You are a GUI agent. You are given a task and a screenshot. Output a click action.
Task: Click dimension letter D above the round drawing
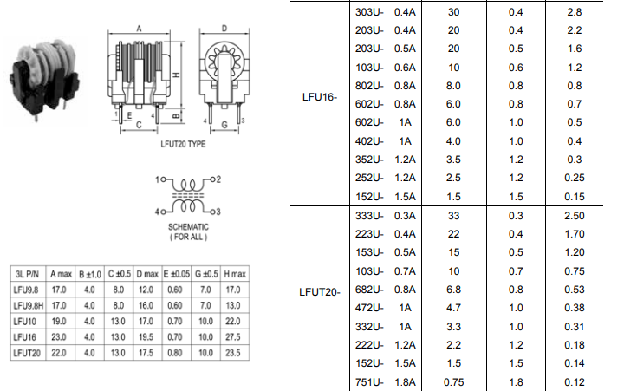(x=224, y=29)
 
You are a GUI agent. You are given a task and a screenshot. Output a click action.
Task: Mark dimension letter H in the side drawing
(x=177, y=76)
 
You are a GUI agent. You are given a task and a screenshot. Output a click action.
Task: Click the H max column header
(x=233, y=275)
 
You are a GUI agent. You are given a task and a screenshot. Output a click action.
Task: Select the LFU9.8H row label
(x=30, y=306)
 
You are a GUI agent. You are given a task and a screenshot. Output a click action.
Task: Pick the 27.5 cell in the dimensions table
(x=233, y=337)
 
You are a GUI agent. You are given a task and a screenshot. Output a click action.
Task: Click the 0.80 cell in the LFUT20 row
(x=174, y=353)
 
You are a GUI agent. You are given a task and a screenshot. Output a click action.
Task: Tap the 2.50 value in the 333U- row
(x=574, y=216)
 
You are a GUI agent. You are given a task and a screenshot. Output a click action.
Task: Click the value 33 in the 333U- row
(x=453, y=216)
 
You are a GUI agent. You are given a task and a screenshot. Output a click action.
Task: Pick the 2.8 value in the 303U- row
(x=574, y=12)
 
